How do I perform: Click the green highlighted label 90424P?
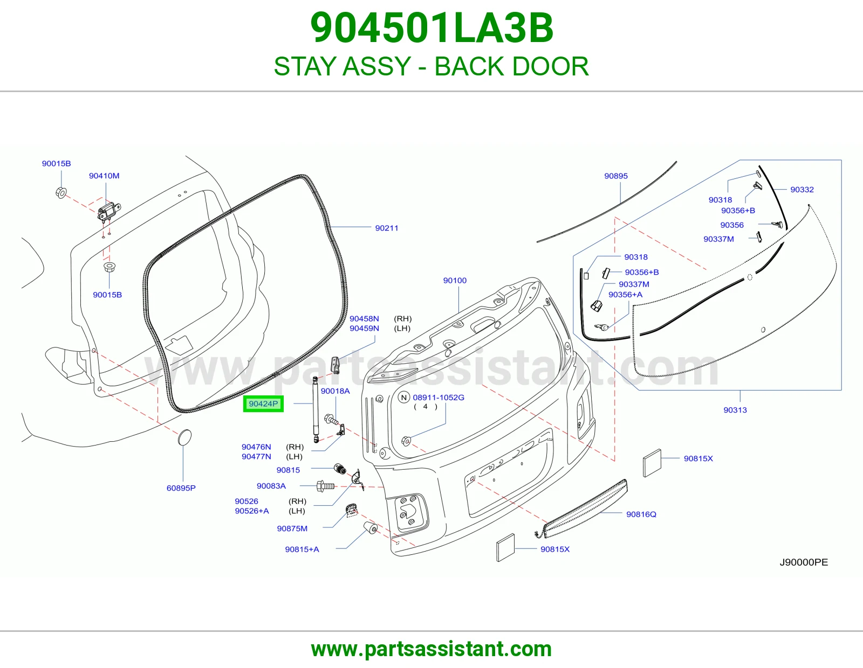[x=263, y=404]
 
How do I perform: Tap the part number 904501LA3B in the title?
[x=432, y=28]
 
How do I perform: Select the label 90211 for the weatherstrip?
[x=386, y=228]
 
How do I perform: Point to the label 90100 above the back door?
[x=455, y=281]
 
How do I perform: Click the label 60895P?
[x=181, y=488]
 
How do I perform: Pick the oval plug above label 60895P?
[x=184, y=437]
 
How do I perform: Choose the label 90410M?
[x=104, y=176]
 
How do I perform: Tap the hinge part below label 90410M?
[x=109, y=211]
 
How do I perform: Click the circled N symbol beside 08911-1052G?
[x=404, y=398]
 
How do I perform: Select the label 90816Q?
[x=641, y=514]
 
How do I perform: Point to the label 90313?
[x=735, y=410]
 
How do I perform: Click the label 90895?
[x=616, y=176]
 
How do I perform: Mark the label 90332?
[x=802, y=190]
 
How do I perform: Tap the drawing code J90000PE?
[x=804, y=562]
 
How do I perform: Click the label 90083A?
[x=271, y=486]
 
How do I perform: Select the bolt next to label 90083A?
[x=325, y=486]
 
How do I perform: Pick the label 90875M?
[x=292, y=528]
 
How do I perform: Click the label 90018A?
[x=335, y=391]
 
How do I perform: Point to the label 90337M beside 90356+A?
[x=634, y=284]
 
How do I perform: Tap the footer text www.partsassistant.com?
[x=432, y=649]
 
